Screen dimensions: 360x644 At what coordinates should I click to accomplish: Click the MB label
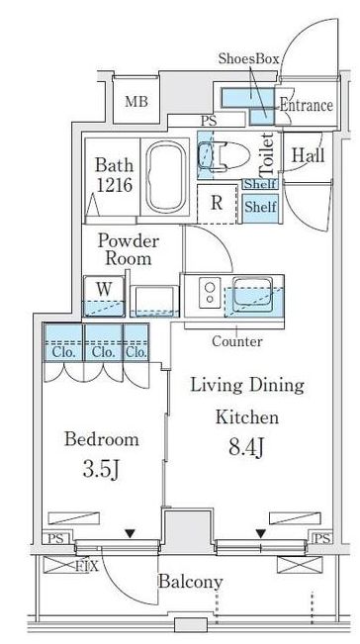point(136,101)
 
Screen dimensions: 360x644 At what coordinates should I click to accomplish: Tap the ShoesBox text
point(249,58)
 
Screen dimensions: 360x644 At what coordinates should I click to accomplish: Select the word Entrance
point(307,105)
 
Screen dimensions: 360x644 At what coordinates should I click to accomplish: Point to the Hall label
point(308,155)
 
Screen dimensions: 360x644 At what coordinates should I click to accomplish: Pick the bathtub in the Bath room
point(166,177)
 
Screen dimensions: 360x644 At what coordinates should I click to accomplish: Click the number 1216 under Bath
point(115,186)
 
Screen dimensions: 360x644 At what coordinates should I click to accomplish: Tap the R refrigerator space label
point(217,204)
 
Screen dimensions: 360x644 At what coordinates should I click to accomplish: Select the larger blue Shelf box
point(260,208)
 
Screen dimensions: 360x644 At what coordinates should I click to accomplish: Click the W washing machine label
point(104,289)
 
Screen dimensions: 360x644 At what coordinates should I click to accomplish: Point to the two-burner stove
point(211,293)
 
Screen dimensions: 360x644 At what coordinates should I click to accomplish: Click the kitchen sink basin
point(252,293)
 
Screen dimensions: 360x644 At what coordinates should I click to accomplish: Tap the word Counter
point(236,341)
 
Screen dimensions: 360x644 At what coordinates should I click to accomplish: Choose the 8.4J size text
point(246,447)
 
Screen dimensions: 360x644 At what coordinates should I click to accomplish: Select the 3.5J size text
point(101,470)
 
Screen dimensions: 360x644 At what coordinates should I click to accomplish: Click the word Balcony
point(191,582)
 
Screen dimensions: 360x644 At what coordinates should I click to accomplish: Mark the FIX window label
point(87,567)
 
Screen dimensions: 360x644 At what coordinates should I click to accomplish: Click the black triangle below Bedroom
point(131,534)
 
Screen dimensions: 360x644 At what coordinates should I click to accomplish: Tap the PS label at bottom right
point(321,538)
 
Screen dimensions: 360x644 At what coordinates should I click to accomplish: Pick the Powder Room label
point(128,249)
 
